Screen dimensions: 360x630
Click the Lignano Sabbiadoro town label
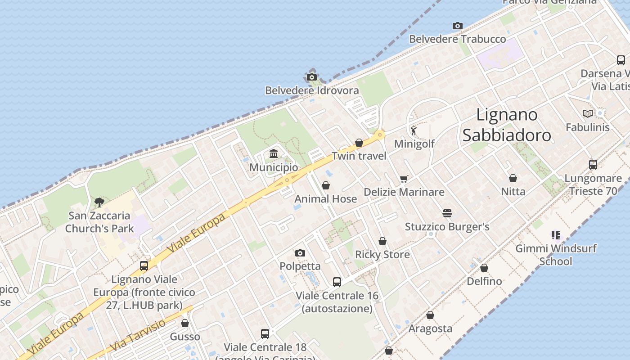(x=507, y=125)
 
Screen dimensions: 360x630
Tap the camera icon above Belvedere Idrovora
(x=312, y=77)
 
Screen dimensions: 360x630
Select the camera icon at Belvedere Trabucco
(x=458, y=26)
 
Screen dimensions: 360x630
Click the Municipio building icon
(x=274, y=154)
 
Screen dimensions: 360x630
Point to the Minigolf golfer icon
(x=414, y=130)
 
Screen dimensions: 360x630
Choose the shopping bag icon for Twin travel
(x=359, y=143)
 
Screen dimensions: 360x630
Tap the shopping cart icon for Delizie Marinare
(x=404, y=179)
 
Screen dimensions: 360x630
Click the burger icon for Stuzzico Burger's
(x=447, y=213)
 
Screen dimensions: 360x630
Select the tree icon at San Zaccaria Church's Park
(x=99, y=202)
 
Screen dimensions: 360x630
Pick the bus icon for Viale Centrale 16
(x=337, y=282)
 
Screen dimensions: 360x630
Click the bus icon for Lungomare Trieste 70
(x=593, y=165)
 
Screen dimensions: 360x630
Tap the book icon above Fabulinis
(x=587, y=114)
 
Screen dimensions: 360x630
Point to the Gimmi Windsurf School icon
(x=555, y=235)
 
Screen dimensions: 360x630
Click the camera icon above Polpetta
(x=300, y=253)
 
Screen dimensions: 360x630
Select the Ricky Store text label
(x=382, y=255)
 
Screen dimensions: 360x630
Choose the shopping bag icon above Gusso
(x=185, y=323)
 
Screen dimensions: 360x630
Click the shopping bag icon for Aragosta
(x=430, y=315)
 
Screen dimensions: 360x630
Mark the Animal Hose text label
(x=326, y=199)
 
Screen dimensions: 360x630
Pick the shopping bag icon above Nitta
(x=513, y=179)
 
